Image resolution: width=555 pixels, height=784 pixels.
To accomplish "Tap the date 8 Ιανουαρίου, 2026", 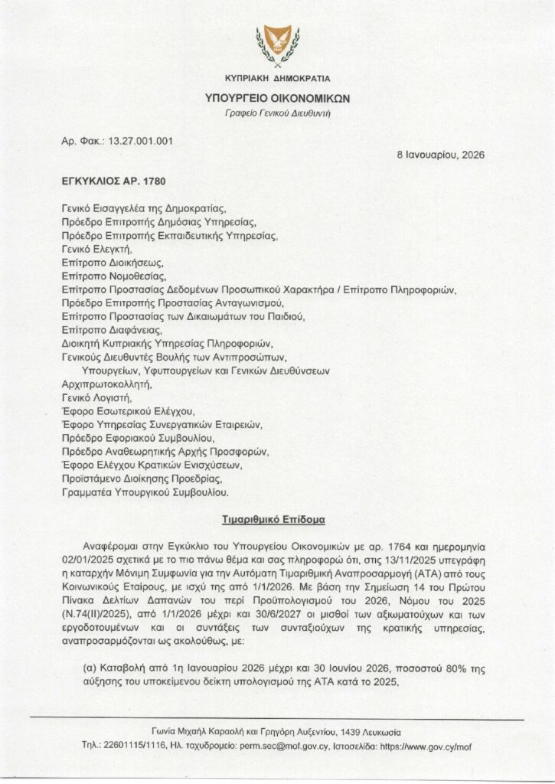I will pos(440,154).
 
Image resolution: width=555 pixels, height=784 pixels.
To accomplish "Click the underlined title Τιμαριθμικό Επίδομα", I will pos(277,519).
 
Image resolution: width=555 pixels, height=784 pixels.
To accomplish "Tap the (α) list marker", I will pos(89,668).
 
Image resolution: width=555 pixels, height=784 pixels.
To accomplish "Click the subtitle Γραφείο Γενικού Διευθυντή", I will pos(278,113).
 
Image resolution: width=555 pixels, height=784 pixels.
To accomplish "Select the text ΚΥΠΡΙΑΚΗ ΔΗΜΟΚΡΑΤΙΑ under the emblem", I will pos(278,79).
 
